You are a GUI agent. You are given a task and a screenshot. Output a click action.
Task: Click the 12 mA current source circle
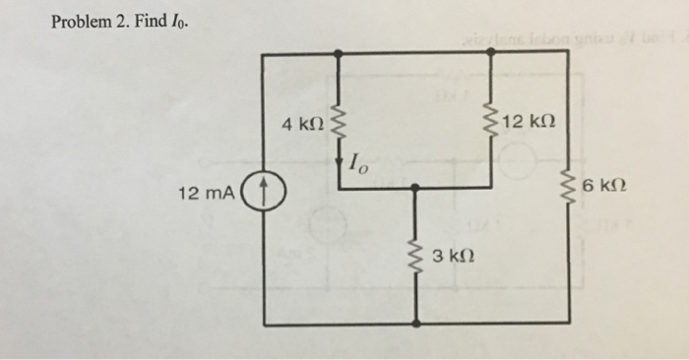pos(265,190)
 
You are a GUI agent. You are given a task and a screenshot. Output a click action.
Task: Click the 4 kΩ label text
pos(301,125)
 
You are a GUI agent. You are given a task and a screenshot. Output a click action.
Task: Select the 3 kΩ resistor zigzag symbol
pos(416,257)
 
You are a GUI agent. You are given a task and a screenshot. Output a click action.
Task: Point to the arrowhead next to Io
pos(340,166)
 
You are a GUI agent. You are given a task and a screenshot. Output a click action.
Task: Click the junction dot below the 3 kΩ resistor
pos(416,323)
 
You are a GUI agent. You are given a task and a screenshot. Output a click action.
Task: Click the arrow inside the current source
pos(265,189)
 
